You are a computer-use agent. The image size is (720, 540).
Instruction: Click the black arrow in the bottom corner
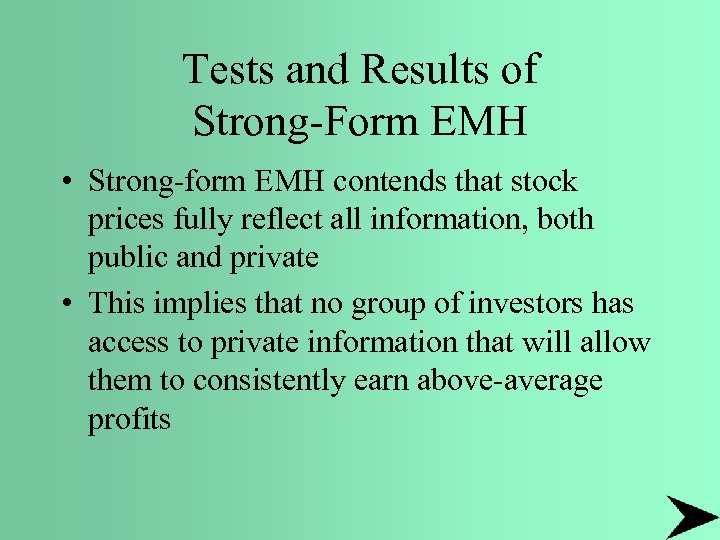(x=690, y=516)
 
